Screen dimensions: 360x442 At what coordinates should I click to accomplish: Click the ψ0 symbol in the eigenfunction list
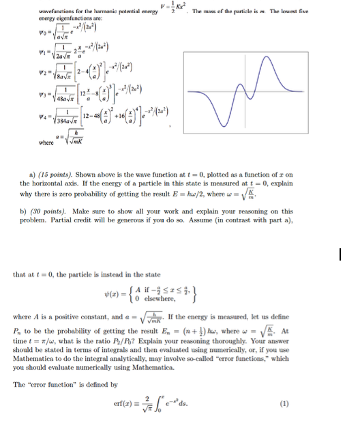click(25, 31)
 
